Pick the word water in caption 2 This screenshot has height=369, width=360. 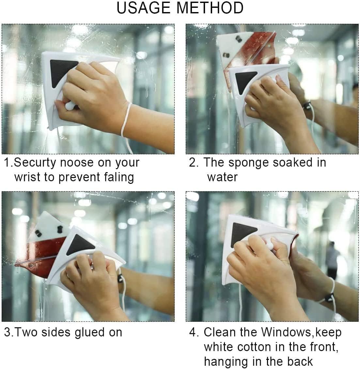coord(222,177)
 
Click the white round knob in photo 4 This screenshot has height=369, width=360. coord(269,243)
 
